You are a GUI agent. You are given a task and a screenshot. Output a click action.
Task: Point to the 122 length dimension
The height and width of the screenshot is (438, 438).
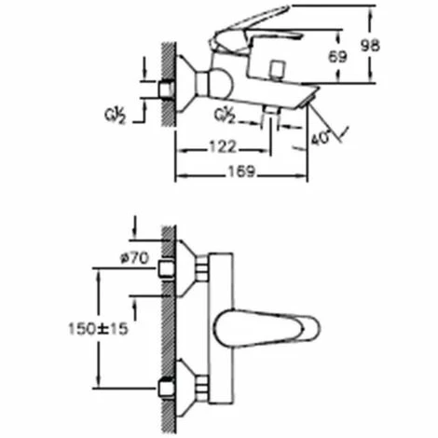pyautogui.click(x=221, y=147)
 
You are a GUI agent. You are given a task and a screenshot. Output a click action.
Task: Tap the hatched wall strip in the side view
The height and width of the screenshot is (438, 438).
pyautogui.click(x=167, y=84)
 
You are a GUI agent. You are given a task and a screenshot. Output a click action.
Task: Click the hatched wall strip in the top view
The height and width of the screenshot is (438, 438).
pyautogui.click(x=167, y=326)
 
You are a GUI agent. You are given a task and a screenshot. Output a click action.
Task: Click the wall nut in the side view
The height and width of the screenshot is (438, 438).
pyautogui.click(x=168, y=90)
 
